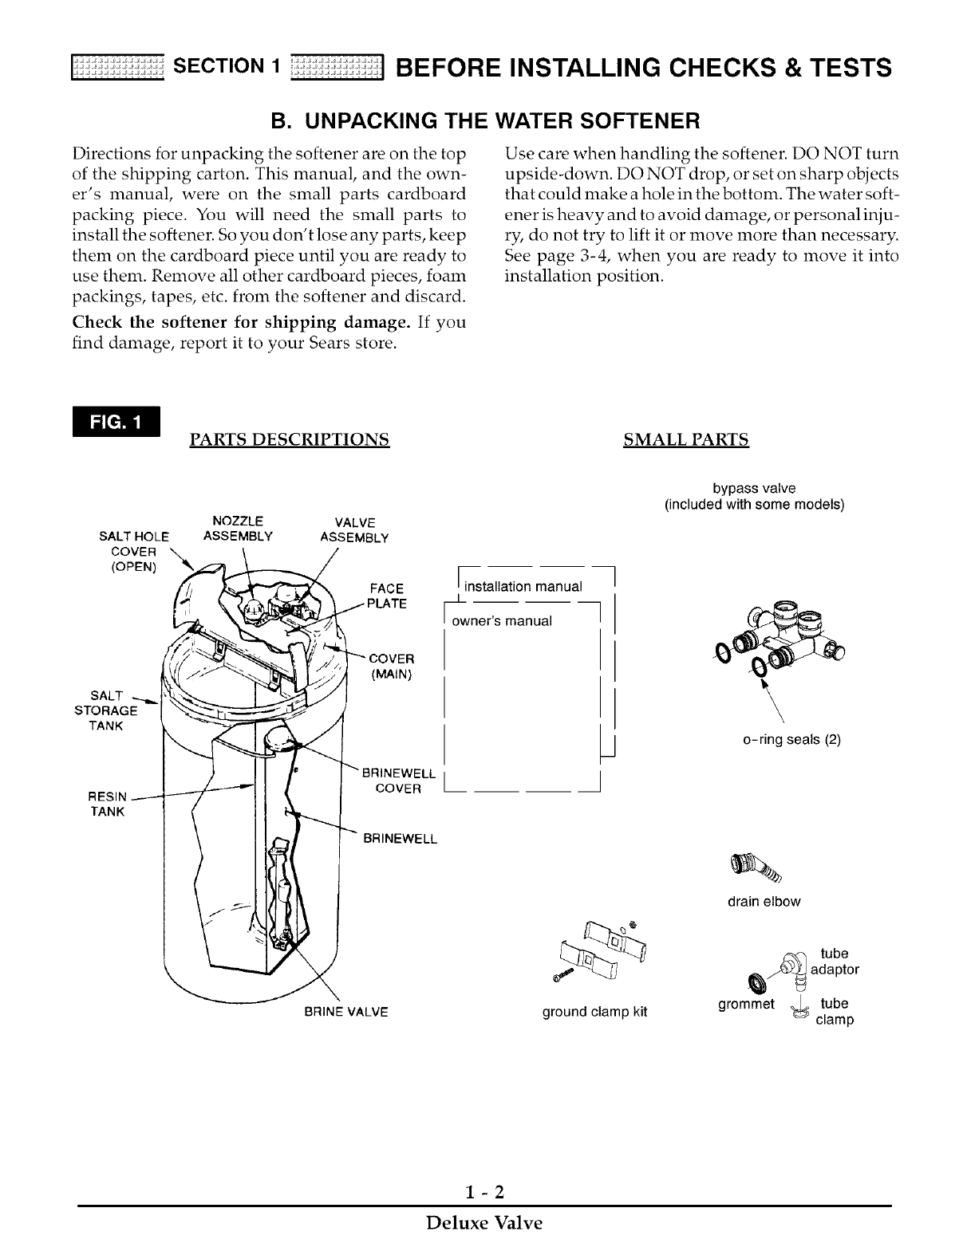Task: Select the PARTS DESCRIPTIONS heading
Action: pos(289,439)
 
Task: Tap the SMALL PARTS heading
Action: pos(685,439)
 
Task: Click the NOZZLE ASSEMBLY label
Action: pos(238,529)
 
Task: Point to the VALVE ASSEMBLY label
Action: pos(353,530)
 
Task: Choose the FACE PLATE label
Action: pos(387,596)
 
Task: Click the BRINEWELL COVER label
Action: pos(398,781)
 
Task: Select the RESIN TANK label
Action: pos(107,804)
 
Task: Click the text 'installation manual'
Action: pos(523,587)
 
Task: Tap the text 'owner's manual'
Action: pos(502,620)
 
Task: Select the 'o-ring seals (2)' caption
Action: pos(791,739)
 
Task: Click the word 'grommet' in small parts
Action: pos(746,1004)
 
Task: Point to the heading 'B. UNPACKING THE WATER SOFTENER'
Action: pos(483,121)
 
